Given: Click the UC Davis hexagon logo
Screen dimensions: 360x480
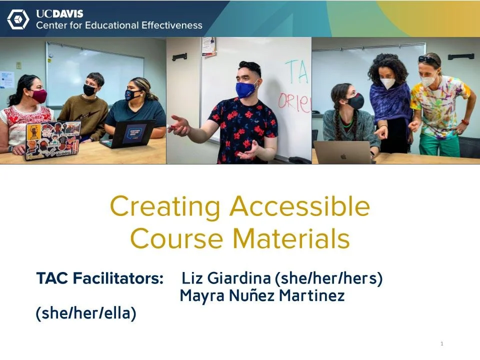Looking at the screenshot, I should (x=18, y=19).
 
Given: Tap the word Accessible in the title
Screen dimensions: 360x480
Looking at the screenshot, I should (x=299, y=206).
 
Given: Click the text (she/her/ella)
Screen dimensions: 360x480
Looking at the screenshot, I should (x=86, y=313).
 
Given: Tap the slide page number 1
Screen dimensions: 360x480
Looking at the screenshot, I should (x=442, y=343).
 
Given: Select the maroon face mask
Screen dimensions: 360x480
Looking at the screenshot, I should (x=38, y=95).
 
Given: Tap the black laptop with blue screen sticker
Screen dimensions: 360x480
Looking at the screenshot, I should (x=128, y=134).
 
